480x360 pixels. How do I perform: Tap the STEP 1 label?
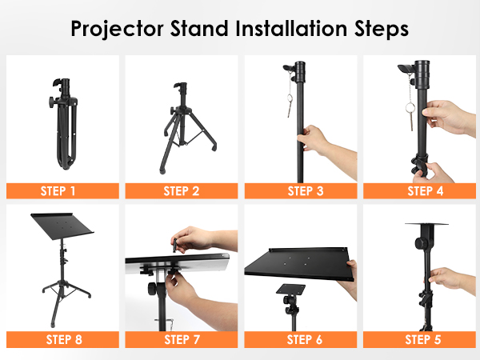click(x=58, y=191)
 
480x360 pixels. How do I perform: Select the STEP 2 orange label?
click(x=182, y=191)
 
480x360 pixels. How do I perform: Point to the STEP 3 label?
click(x=306, y=191)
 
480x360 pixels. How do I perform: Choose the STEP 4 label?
click(x=426, y=191)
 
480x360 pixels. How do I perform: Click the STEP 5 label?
click(x=423, y=339)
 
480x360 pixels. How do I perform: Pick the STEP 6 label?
click(x=305, y=339)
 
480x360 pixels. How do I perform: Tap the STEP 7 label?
click(x=182, y=339)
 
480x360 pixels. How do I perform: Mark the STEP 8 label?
click(x=64, y=339)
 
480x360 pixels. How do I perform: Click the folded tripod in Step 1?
click(x=63, y=124)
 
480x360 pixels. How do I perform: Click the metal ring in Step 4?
click(x=410, y=108)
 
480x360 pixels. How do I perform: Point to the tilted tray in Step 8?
click(x=62, y=226)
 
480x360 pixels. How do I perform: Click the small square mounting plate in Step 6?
click(x=291, y=290)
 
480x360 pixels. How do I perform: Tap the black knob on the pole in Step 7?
click(x=153, y=289)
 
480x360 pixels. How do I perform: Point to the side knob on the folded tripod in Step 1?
click(x=52, y=102)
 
